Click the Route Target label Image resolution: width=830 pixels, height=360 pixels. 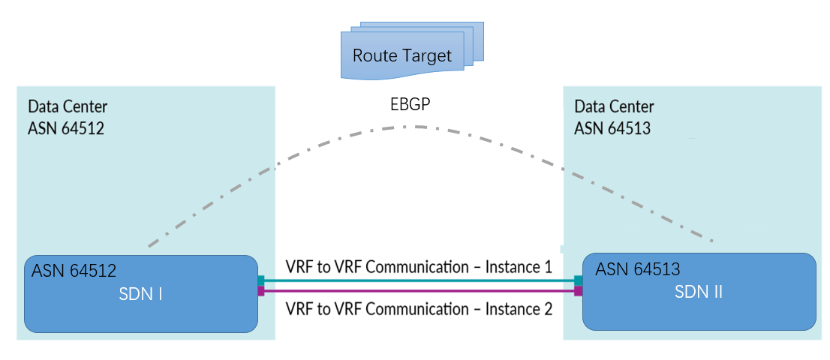(402, 55)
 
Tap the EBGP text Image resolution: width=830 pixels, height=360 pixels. (410, 105)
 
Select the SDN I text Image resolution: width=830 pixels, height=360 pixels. (140, 294)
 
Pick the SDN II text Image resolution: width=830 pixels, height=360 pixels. (699, 292)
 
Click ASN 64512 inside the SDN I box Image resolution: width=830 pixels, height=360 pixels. (74, 271)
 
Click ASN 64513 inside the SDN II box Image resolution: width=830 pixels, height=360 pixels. (638, 269)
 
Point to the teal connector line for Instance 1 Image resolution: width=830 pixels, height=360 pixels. (420, 280)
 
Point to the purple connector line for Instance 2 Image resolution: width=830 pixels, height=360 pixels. (420, 291)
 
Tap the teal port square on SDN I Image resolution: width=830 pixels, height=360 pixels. (261, 280)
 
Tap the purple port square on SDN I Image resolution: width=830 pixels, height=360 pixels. (261, 291)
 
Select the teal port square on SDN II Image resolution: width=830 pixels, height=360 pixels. (579, 280)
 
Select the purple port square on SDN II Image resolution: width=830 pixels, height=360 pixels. (579, 291)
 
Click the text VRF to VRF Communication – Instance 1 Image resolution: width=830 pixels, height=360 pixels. (419, 267)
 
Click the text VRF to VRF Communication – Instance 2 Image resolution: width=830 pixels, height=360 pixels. (419, 308)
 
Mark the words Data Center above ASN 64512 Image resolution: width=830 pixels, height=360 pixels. (68, 106)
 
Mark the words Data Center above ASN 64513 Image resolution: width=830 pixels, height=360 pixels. (615, 106)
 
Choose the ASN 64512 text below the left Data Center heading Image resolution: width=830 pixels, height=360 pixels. (66, 128)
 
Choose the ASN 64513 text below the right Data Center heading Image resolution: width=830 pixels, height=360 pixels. (613, 128)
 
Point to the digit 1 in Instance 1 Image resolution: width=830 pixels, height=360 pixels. (547, 267)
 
